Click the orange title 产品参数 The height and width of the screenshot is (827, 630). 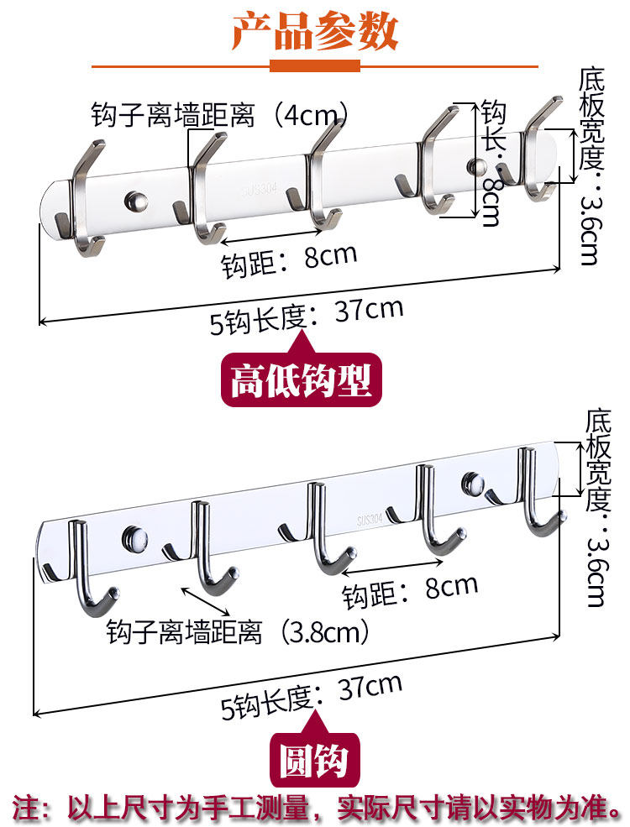point(315,31)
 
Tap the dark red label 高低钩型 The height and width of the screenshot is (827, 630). point(300,379)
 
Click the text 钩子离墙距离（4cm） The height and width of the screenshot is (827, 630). point(221,114)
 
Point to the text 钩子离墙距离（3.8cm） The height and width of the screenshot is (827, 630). point(239,631)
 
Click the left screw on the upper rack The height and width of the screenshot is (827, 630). point(135,201)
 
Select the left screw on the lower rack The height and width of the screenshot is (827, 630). point(132,534)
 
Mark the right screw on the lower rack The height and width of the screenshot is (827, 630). point(471,482)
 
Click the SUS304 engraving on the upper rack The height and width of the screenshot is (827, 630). point(257,181)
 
